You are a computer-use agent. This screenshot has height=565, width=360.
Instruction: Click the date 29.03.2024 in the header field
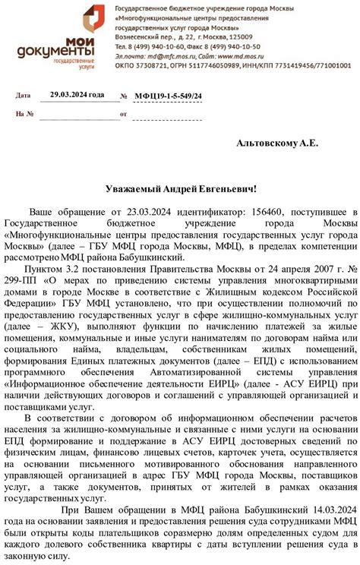(76, 94)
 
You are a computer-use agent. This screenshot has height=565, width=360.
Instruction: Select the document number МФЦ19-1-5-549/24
(169, 96)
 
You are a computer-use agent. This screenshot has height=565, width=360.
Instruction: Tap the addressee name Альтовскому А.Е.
(277, 143)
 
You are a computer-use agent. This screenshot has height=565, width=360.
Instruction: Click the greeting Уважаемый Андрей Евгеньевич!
(180, 188)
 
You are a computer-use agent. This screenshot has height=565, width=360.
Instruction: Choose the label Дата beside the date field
(24, 96)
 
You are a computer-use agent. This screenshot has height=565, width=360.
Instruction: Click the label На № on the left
(25, 114)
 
